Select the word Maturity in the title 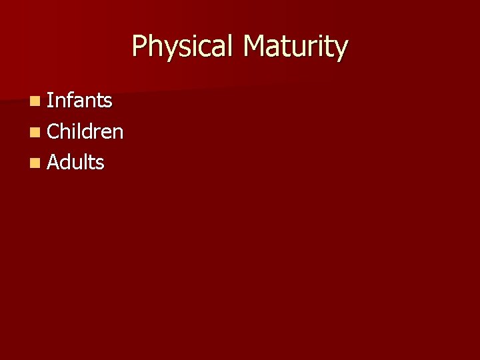click(295, 47)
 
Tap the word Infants click(80, 101)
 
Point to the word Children click(85, 131)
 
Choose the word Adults click(76, 162)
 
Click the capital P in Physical click(139, 47)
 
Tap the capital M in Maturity click(254, 47)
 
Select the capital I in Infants click(50, 101)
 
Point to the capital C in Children click(54, 131)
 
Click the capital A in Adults click(55, 162)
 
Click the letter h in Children click(67, 131)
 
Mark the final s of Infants click(107, 102)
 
